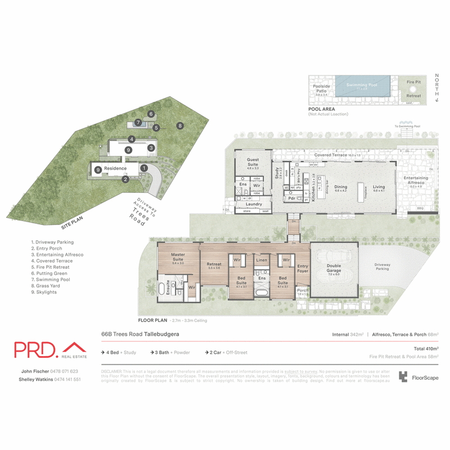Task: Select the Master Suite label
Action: tap(178, 258)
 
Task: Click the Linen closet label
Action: tap(262, 260)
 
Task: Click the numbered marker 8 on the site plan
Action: tap(180, 125)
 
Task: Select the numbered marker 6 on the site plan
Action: tap(151, 114)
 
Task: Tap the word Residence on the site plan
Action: tap(115, 168)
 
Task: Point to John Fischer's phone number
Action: tap(66, 371)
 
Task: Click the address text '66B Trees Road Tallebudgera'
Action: tap(140, 334)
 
